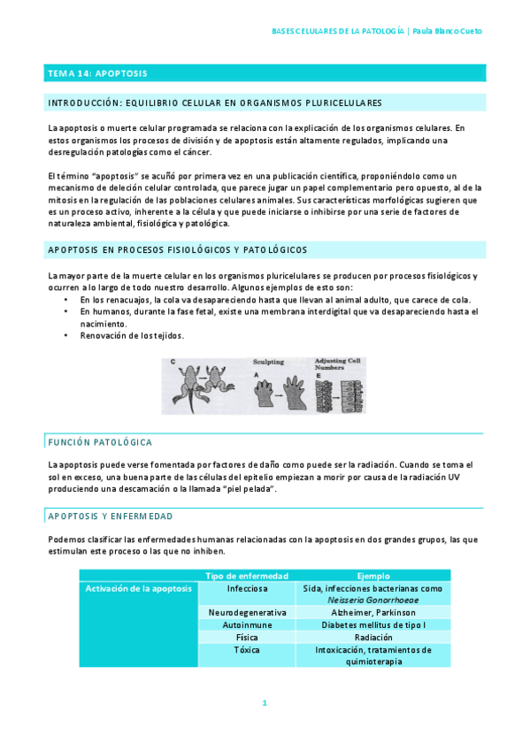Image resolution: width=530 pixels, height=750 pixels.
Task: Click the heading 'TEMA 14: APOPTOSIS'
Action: pyautogui.click(x=97, y=73)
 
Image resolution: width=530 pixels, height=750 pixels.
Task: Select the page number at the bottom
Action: pyautogui.click(x=264, y=703)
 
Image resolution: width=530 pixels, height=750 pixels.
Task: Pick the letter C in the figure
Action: pyautogui.click(x=172, y=362)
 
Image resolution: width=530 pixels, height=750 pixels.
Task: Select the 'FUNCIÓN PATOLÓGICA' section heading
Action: pyautogui.click(x=100, y=441)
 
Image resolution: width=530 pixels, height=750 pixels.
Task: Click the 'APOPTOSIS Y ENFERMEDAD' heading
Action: pyautogui.click(x=110, y=516)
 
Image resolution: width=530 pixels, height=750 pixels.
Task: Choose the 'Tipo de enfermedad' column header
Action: pyautogui.click(x=246, y=576)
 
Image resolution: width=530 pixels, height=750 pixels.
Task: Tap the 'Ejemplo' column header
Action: pyautogui.click(x=373, y=576)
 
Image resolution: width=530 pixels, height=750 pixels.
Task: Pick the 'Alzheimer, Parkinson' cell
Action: pyautogui.click(x=373, y=612)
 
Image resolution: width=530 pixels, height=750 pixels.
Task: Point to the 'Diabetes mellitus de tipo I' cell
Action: pyautogui.click(x=373, y=624)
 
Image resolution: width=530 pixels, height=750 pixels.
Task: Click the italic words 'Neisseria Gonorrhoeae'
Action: pyautogui.click(x=373, y=600)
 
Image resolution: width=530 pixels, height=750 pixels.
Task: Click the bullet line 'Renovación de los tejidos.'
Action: pyautogui.click(x=132, y=336)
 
